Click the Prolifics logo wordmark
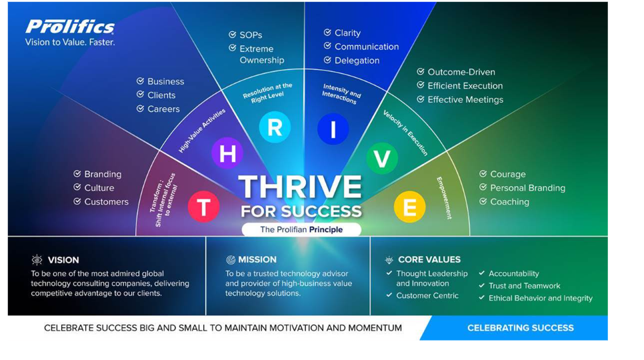click(70, 27)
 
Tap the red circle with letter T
click(204, 207)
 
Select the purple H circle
click(227, 153)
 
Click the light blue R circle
click(275, 127)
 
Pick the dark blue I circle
click(333, 129)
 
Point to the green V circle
click(382, 158)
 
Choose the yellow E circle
click(409, 207)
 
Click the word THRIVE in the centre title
click(300, 187)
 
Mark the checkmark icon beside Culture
click(77, 187)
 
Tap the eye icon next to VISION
click(37, 259)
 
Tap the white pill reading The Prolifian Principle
click(301, 229)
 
